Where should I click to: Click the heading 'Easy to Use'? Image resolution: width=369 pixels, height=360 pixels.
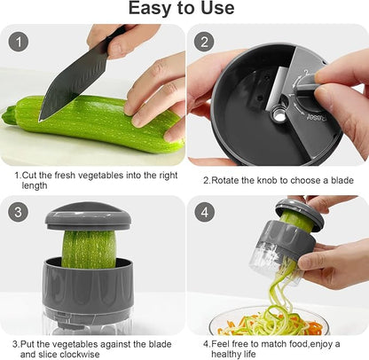pyautogui.click(x=184, y=10)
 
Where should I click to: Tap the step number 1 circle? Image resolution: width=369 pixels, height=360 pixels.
pyautogui.click(x=20, y=41)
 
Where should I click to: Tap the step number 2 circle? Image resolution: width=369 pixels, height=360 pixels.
pyautogui.click(x=206, y=41)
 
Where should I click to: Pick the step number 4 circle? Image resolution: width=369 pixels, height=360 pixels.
pyautogui.click(x=206, y=213)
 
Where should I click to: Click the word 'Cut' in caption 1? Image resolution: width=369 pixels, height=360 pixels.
pyautogui.click(x=29, y=175)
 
